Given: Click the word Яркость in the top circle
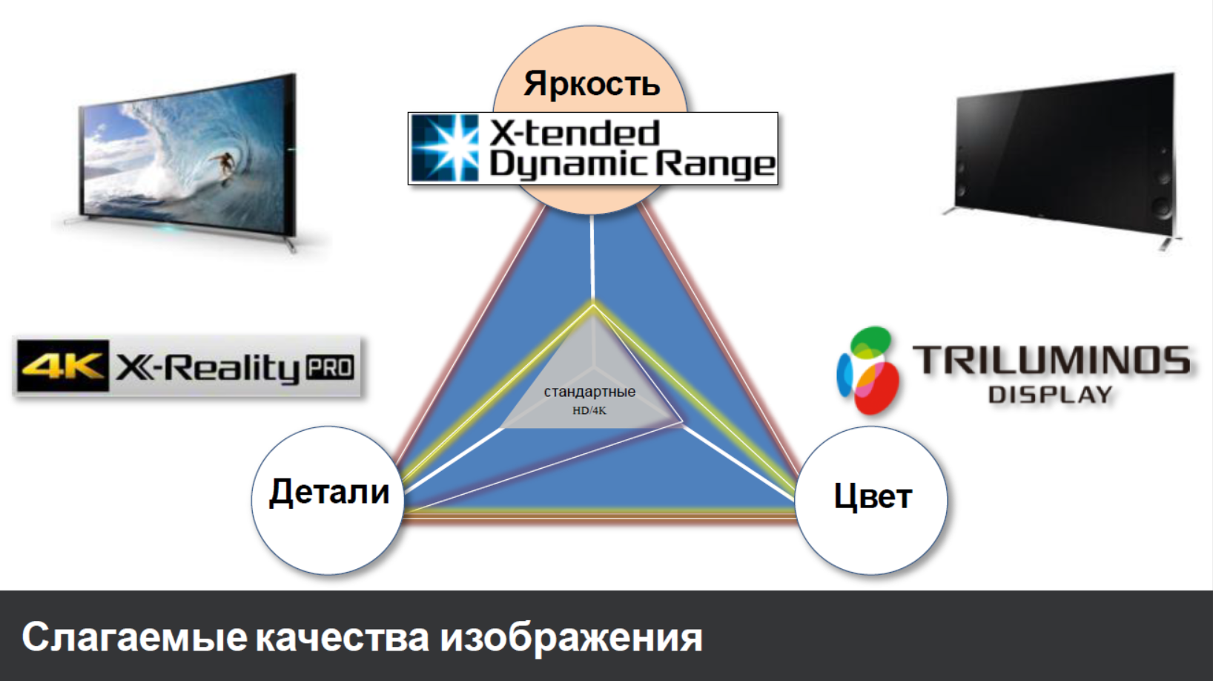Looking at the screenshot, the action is coord(592,85).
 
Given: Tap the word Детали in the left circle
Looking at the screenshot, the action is coord(329,492).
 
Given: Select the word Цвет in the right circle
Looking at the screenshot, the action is coord(873,496).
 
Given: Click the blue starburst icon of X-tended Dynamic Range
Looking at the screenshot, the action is coord(445,148).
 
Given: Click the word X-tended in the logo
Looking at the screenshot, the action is coord(575,133).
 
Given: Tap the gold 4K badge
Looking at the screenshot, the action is coord(63,366).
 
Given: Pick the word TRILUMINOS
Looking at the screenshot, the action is coord(1051,361).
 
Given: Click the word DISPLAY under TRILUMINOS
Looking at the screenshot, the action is coord(1050,395).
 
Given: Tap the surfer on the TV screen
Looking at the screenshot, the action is coord(224,165).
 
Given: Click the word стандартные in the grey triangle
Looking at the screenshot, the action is coord(589,392).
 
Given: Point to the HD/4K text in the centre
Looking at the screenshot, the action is coord(589,411).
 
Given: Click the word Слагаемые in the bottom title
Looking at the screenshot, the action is coord(135,637).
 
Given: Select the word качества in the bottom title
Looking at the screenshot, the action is coord(343,638).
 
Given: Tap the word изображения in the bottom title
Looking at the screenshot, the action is coord(572,638).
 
